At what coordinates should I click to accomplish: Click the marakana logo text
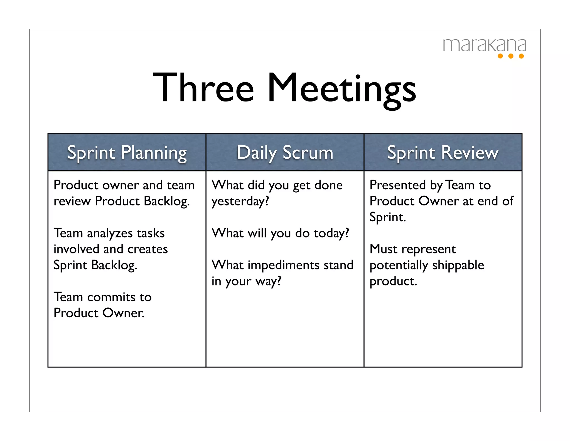pos(484,45)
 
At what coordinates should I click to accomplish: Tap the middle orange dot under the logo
pos(511,56)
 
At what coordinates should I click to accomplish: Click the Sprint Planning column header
pos(127,153)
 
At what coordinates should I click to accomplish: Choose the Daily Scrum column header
pos(285,153)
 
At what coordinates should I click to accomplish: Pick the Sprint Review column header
pos(443,153)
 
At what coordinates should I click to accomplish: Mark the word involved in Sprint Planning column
pos(76,249)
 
